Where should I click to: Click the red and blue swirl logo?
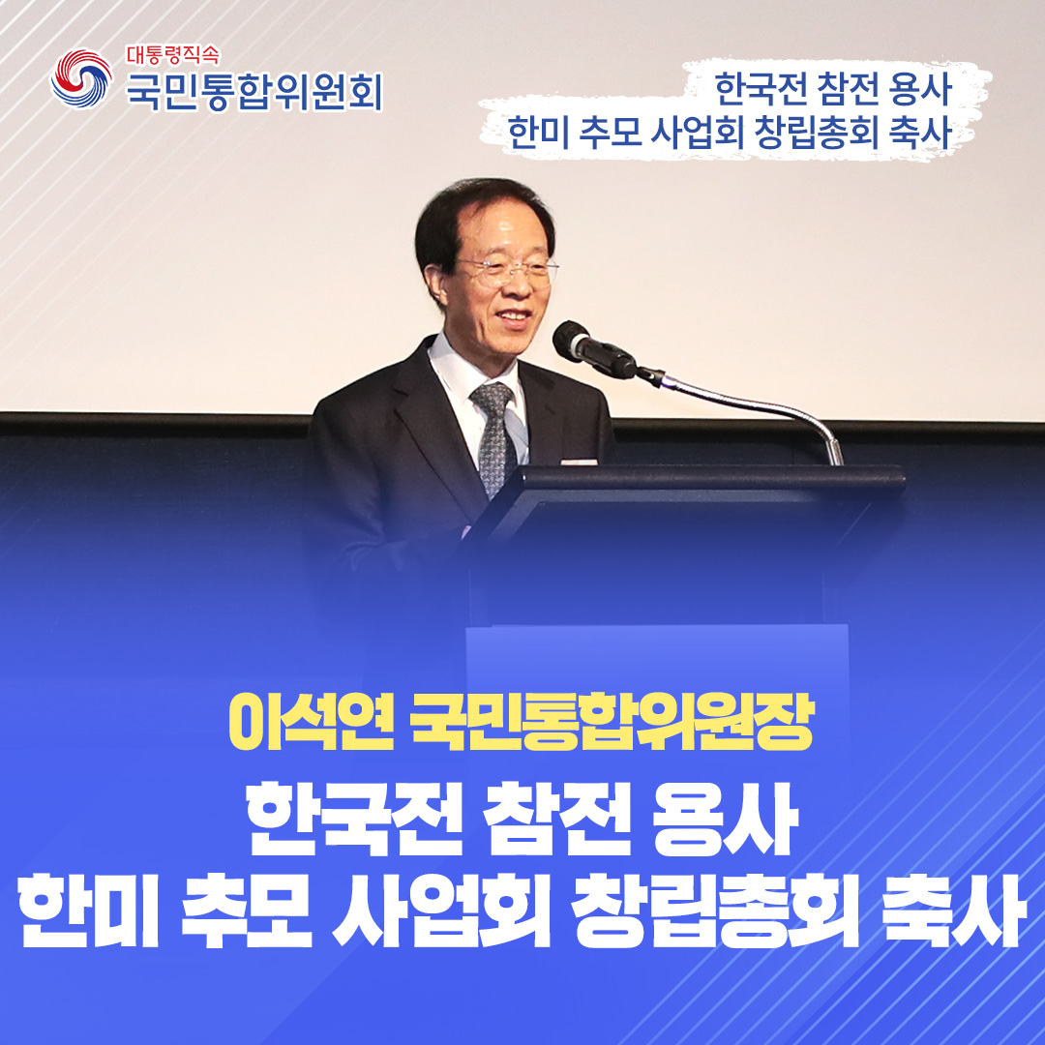pos(81,78)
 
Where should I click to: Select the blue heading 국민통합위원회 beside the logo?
pos(254,92)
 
